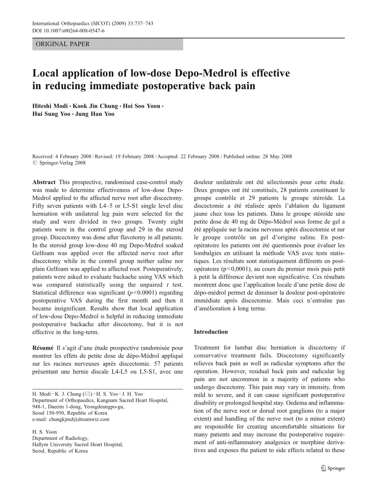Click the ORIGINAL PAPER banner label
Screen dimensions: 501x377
tap(63, 44)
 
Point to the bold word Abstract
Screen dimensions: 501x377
tap(44, 182)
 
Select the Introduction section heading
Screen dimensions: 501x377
tap(211, 332)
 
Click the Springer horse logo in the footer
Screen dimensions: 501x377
tap(323, 468)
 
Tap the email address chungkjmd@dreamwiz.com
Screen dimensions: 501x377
tap(71, 418)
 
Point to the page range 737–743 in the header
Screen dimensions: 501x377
tap(141, 24)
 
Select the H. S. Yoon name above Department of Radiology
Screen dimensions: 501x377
tap(44, 431)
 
